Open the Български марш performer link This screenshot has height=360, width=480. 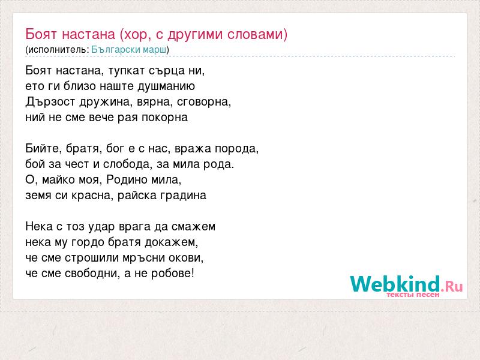129,50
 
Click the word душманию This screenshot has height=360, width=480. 166,86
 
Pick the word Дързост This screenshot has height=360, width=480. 50,101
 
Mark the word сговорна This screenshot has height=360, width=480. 204,102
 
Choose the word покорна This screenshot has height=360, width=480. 164,118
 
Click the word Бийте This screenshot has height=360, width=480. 41,149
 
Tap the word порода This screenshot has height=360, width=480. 236,149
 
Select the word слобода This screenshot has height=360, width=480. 127,164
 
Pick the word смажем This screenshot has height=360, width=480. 193,227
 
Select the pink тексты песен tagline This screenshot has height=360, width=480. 413,295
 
